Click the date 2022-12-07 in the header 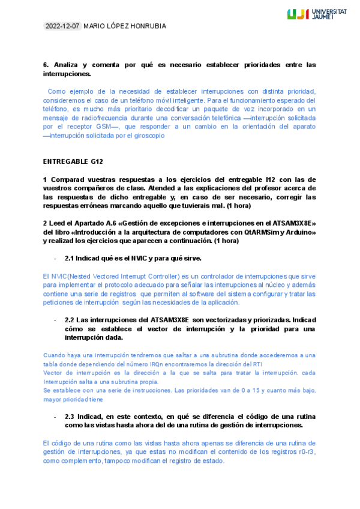click(63, 26)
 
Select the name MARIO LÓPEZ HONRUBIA click(125, 26)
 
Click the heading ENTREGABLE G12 click(69, 161)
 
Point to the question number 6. click(46, 64)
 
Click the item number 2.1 click(70, 258)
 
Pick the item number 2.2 click(70, 320)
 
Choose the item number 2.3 click(70, 416)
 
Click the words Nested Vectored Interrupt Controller click(116, 276)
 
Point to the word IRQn click(182, 364)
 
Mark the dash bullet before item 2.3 click(55, 416)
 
